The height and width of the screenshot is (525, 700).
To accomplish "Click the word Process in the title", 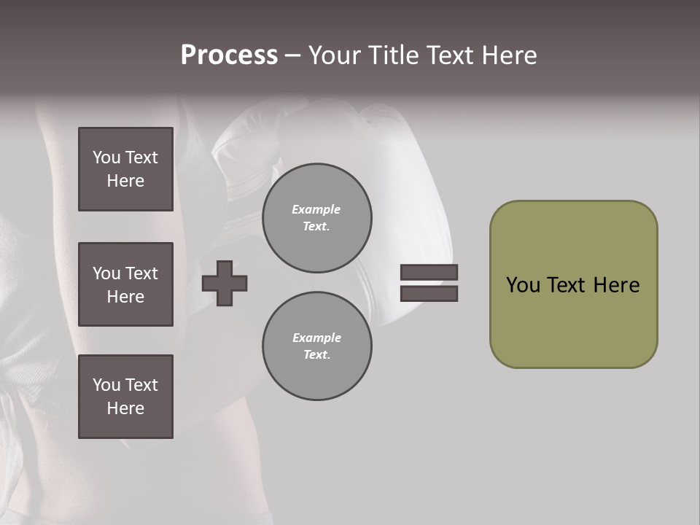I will pyautogui.click(x=229, y=55).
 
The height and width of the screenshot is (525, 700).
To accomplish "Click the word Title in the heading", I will pyautogui.click(x=393, y=55).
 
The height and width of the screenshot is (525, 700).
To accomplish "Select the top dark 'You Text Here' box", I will pyautogui.click(x=125, y=169).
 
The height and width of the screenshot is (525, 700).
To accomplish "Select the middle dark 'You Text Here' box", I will pyautogui.click(x=125, y=284).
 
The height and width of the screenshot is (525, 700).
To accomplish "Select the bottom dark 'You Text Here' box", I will pyautogui.click(x=125, y=397).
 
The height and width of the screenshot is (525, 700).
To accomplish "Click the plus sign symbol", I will pyautogui.click(x=225, y=283).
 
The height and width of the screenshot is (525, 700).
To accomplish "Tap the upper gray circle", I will pyautogui.click(x=316, y=218).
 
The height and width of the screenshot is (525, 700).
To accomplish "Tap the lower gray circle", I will pyautogui.click(x=316, y=346).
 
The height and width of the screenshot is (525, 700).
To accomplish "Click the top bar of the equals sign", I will pyautogui.click(x=429, y=272).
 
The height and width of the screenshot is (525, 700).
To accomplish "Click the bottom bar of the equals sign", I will pyautogui.click(x=429, y=293).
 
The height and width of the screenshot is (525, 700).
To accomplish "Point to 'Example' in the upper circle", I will pyautogui.click(x=316, y=209).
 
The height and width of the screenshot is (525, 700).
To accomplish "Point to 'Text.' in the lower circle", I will pyautogui.click(x=316, y=355).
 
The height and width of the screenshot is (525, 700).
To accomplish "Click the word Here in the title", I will pyautogui.click(x=507, y=55).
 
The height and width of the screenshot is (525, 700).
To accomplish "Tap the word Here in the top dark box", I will pyautogui.click(x=125, y=181).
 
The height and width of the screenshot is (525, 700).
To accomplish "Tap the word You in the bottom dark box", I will pyautogui.click(x=106, y=385).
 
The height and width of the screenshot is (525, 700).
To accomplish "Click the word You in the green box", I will pyautogui.click(x=523, y=285).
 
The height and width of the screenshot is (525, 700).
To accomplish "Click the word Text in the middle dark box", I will pyautogui.click(x=141, y=273).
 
